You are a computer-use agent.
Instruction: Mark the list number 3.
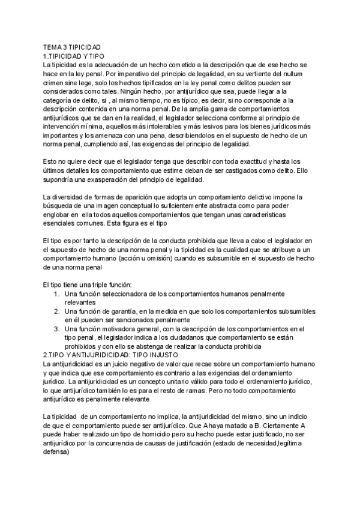[x=55, y=330]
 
